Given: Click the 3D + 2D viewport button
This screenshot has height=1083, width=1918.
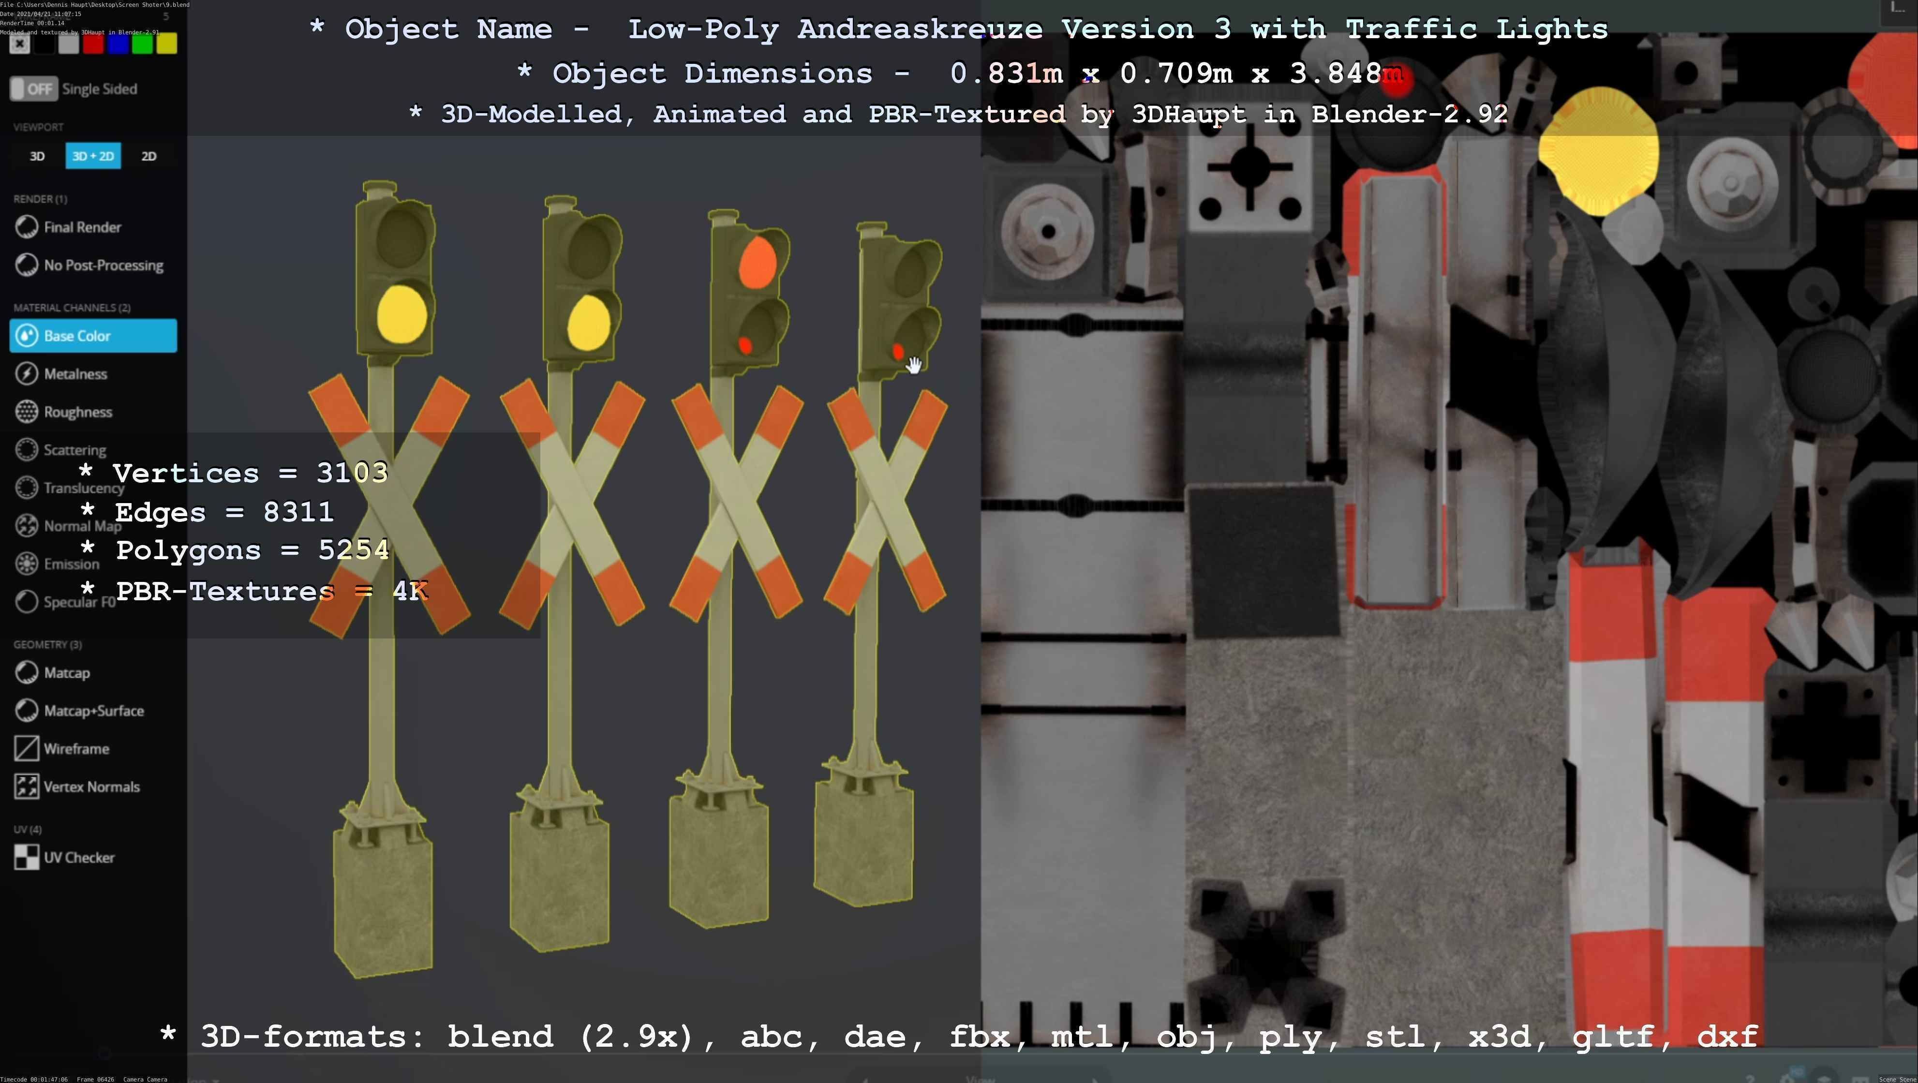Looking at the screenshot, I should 93,156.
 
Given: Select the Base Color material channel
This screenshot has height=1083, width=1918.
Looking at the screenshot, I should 93,336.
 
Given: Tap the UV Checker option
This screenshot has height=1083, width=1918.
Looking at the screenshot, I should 78,858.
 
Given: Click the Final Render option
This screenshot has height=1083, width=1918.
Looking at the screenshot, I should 81,227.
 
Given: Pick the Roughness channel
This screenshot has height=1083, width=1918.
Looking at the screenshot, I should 77,412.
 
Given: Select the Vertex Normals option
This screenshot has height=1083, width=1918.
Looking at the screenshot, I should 91,787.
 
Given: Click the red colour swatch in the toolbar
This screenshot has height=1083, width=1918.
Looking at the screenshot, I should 93,44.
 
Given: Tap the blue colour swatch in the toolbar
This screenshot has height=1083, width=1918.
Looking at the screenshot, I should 118,44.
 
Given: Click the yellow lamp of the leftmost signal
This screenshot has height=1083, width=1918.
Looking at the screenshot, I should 402,315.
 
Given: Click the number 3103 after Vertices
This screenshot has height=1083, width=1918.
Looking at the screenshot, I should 352,473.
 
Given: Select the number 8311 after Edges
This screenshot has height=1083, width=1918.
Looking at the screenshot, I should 298,512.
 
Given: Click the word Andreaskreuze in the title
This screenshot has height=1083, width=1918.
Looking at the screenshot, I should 920,29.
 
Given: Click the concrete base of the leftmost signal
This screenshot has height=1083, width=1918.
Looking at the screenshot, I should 383,893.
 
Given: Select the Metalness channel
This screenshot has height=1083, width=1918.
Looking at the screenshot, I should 75,373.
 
